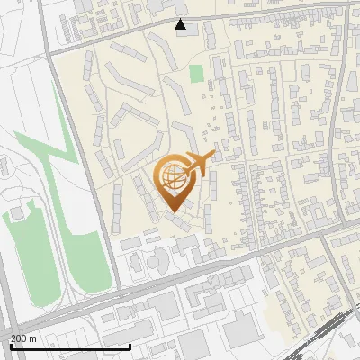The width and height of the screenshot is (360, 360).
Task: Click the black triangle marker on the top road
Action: (x=181, y=24)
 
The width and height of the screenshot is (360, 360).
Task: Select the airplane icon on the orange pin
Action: (x=197, y=164)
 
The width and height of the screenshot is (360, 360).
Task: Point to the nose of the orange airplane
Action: (x=212, y=155)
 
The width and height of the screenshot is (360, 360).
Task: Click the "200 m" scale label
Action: (x=23, y=338)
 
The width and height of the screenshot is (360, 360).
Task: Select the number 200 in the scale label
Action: (x=19, y=338)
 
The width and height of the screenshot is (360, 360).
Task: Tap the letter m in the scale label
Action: (x=32, y=338)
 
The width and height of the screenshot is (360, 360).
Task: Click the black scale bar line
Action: (x=70, y=346)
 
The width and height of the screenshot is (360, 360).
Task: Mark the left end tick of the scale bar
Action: (x=11, y=346)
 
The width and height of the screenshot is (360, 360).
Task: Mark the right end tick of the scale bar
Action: (x=130, y=346)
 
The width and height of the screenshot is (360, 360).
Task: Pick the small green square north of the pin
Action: (x=197, y=73)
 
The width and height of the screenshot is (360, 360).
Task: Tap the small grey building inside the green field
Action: (x=15, y=213)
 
